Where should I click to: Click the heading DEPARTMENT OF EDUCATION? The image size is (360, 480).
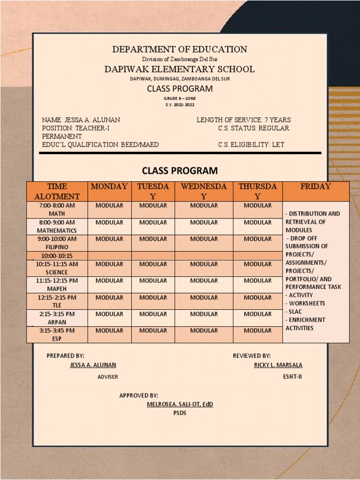tap(180, 49)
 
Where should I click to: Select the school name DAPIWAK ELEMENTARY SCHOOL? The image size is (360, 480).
tap(180, 69)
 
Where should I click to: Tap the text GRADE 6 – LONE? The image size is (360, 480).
tap(180, 98)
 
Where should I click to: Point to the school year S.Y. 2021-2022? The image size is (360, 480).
tap(180, 104)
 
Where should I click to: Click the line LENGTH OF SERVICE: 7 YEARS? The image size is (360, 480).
tap(243, 120)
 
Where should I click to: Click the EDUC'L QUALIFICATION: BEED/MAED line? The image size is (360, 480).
tap(100, 144)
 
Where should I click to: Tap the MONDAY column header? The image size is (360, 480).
tap(109, 187)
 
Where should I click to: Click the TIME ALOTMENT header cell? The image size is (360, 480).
tap(57, 191)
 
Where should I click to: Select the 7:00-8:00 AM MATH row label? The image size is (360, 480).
tap(57, 210)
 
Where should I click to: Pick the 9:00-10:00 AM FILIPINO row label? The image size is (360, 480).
tap(57, 243)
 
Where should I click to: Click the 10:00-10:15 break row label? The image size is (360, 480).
tap(57, 256)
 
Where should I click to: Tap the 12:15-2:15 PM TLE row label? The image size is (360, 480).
tap(57, 301)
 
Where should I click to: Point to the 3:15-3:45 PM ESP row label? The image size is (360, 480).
tap(57, 334)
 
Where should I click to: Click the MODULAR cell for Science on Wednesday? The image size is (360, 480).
tap(204, 264)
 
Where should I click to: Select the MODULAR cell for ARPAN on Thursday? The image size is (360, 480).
tap(257, 314)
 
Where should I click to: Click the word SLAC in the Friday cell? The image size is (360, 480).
tap(297, 311)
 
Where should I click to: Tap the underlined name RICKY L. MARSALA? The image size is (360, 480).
tap(278, 365)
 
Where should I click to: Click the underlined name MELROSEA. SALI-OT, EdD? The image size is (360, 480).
tap(180, 404)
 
